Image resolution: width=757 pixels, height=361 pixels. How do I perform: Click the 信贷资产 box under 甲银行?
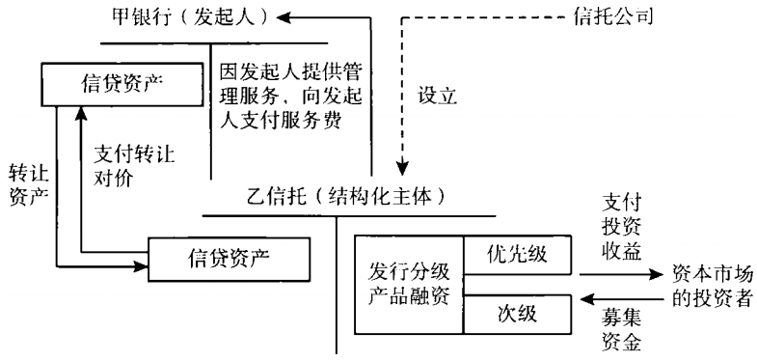point(111,82)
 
